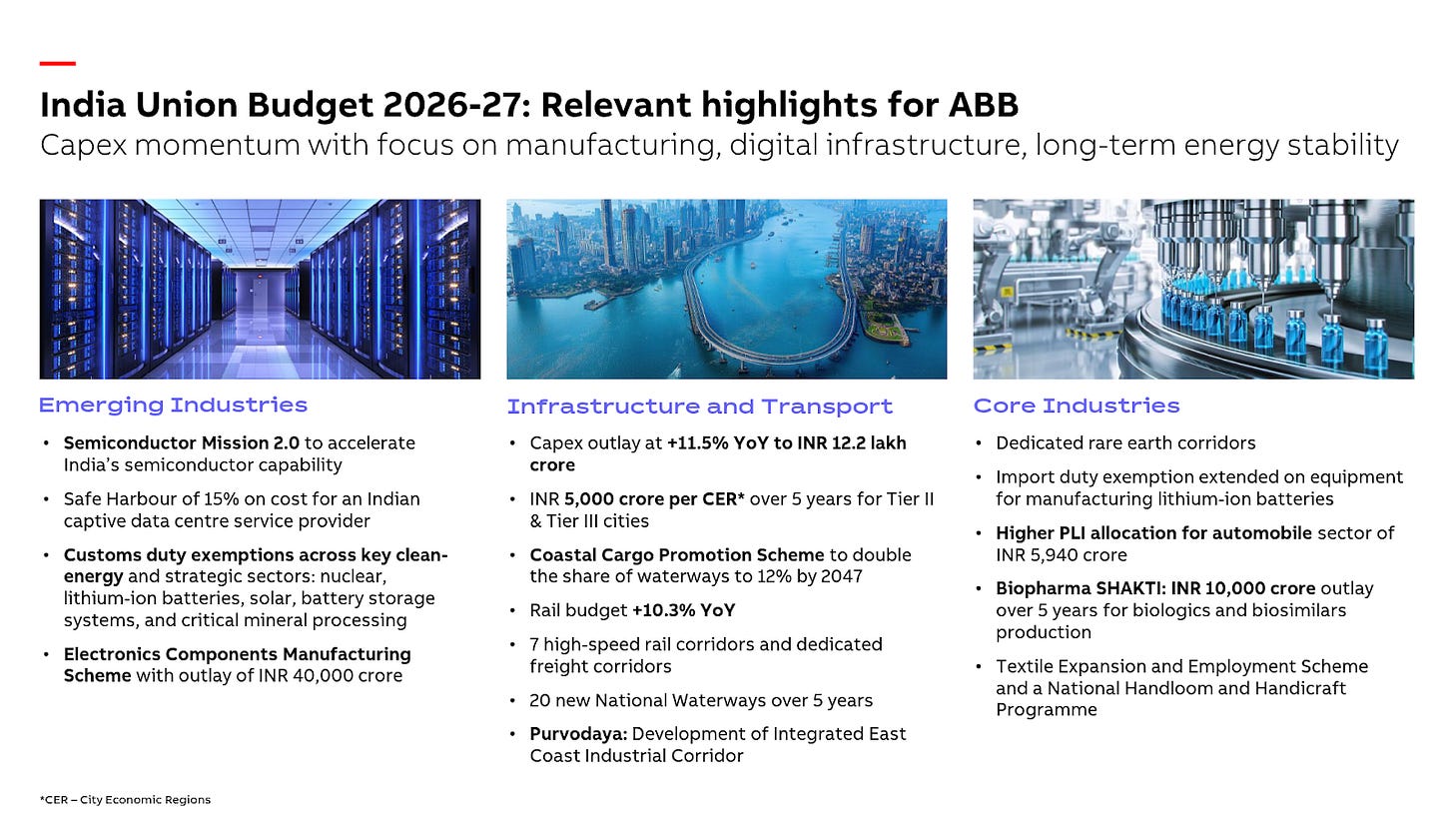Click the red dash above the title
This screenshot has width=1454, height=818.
point(57,63)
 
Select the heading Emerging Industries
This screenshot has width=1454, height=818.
point(173,405)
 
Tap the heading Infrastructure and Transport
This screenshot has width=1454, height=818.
point(699,407)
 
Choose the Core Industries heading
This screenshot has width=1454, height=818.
point(1077,406)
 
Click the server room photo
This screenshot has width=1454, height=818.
point(260,289)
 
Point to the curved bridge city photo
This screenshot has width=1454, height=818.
point(726,289)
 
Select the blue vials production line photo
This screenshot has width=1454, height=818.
point(1193,289)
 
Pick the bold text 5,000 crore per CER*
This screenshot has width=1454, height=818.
point(654,498)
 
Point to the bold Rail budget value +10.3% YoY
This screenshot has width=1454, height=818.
point(683,610)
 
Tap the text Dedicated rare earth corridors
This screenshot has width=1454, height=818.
point(1125,442)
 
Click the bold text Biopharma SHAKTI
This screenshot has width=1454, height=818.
point(1065,588)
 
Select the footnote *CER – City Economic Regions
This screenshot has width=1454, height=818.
point(125,799)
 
